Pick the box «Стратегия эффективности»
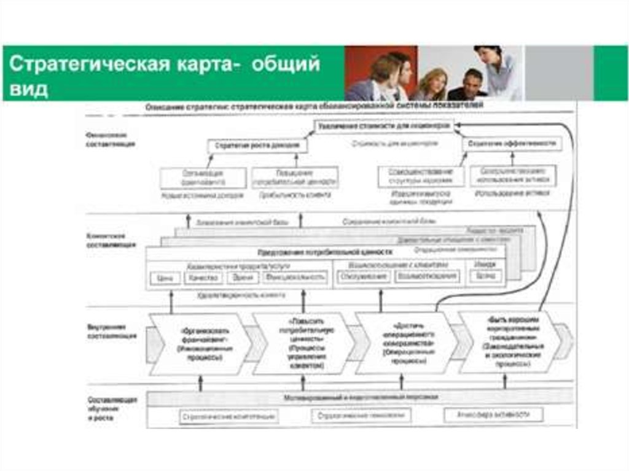(512, 144)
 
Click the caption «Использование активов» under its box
(512, 193)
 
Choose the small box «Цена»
(164, 278)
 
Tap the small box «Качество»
(203, 278)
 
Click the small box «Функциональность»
(295, 278)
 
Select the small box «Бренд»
(485, 276)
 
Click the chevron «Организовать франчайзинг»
(200, 344)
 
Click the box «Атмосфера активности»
(494, 415)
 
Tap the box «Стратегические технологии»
(361, 416)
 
